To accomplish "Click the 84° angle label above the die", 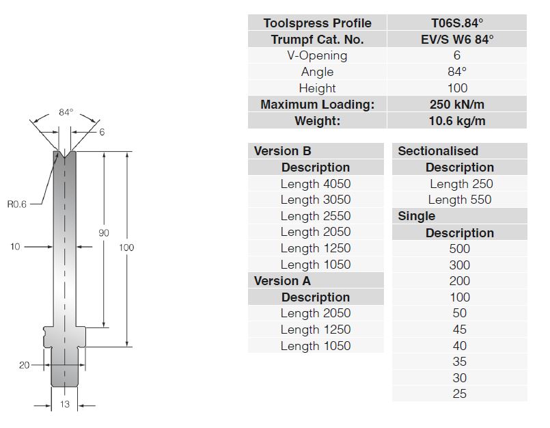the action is pos(66,112).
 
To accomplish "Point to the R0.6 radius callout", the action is pos(17,204).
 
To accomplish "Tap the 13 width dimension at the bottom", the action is pos(65,404).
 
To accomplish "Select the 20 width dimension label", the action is pos(24,365).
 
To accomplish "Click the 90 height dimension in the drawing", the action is pos(104,232).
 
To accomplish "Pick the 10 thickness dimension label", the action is pos(15,247).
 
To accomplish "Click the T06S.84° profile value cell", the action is pos(457,23).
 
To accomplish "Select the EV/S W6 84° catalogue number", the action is pos(457,40).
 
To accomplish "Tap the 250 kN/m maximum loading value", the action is pos(457,105).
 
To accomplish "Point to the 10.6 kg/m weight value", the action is pos(457,121).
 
